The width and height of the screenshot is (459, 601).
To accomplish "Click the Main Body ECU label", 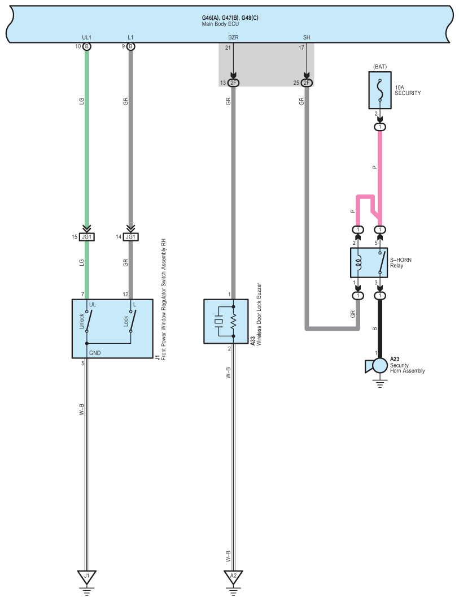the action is (220, 24).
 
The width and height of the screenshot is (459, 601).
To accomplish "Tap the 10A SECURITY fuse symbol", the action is (380, 90).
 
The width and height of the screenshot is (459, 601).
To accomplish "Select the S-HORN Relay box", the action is (369, 262).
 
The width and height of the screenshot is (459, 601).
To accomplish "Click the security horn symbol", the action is (377, 366).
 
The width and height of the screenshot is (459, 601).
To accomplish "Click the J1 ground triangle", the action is (86, 577).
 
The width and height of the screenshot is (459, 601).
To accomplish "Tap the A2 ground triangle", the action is (233, 577).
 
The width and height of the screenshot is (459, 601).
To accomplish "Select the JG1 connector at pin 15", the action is (87, 237).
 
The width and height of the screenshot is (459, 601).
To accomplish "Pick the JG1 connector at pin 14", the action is (130, 237).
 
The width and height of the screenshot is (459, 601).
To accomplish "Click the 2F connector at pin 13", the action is (233, 83).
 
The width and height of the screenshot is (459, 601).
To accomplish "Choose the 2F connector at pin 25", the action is (307, 83).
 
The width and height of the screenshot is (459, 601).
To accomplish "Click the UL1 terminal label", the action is (87, 37).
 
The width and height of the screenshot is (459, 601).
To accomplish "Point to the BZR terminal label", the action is (233, 37).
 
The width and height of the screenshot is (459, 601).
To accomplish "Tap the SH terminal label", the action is (307, 37).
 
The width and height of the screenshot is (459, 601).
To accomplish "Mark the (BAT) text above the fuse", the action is (380, 67).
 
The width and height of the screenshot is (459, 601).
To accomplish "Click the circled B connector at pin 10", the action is (87, 46).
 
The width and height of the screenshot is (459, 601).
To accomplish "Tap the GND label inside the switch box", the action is (95, 353).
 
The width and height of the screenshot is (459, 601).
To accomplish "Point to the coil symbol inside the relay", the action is (359, 263).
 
